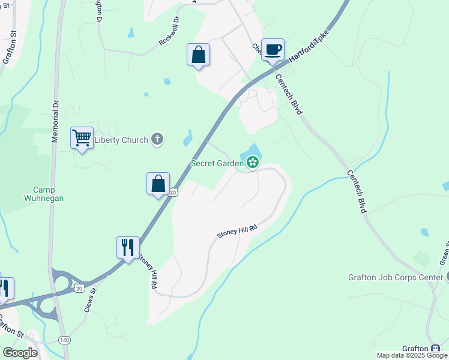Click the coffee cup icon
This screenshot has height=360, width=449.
273,49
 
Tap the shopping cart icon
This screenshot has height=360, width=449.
82,137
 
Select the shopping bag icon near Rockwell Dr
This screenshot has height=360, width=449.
198,55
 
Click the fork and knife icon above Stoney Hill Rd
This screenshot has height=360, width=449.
128,247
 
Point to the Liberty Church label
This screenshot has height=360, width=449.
122,140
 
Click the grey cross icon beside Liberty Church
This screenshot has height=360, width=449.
157,140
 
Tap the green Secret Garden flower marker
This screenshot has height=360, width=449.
253,161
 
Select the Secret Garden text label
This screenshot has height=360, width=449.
216,163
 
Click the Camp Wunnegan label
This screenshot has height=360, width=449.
44,192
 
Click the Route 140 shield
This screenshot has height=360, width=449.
64,340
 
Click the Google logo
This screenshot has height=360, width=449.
20,353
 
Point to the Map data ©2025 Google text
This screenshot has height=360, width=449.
412,355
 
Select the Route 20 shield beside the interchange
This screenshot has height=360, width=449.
80,288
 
